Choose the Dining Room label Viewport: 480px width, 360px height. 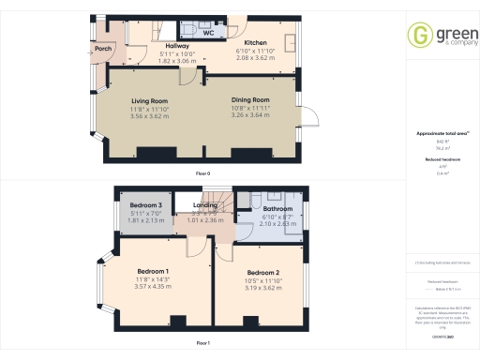pyautogui.click(x=250, y=99)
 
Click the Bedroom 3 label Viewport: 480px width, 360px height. pyautogui.click(x=145, y=204)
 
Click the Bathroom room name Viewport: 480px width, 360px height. pyautogui.click(x=279, y=208)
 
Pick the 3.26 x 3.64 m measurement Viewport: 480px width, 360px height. pyautogui.click(x=250, y=116)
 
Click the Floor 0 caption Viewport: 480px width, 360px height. pyautogui.click(x=202, y=174)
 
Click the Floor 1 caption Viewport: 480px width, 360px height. pyautogui.click(x=202, y=344)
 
